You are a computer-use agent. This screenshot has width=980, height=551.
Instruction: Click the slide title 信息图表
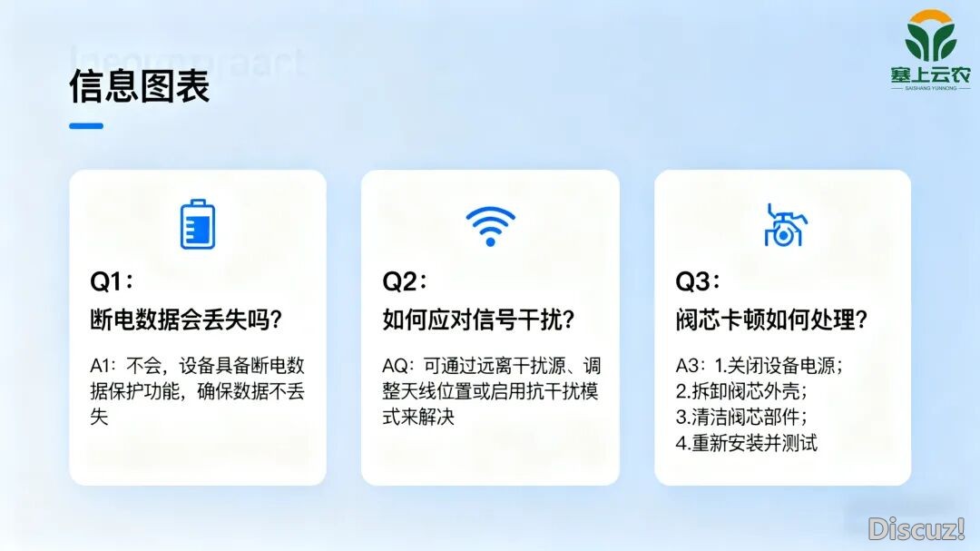140,86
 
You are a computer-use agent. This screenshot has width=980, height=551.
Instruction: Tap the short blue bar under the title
86,126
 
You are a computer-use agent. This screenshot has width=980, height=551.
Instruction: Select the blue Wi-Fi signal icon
490,225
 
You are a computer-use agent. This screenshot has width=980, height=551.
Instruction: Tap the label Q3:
698,281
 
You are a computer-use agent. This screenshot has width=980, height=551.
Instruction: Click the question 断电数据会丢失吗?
186,320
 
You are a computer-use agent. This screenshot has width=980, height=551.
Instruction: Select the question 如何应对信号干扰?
480,320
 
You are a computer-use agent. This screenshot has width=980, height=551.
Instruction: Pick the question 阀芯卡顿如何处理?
772,320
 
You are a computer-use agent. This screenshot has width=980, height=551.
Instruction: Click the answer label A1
102,367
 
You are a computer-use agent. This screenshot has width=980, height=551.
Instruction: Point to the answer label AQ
396,367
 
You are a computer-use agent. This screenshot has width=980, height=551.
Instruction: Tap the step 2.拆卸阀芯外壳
741,392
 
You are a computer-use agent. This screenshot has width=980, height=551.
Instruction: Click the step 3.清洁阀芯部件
741,418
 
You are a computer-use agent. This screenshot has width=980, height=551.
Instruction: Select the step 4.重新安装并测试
747,443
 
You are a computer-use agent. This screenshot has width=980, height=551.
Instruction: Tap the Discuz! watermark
916,528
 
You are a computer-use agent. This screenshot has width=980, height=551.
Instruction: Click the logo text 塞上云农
930,77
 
